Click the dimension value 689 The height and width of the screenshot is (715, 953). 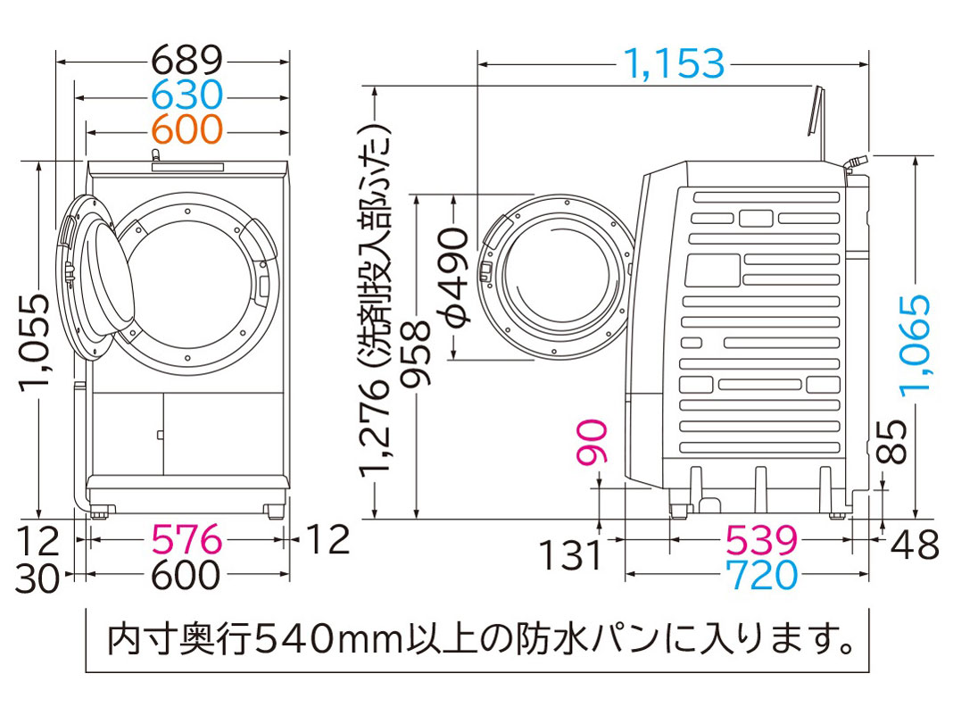pyautogui.click(x=186, y=60)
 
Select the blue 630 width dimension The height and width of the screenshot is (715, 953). pyautogui.click(x=186, y=95)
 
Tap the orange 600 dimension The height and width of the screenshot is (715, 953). pyautogui.click(x=186, y=130)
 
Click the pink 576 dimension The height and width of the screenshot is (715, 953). pyautogui.click(x=186, y=540)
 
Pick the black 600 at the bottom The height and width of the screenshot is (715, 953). pyautogui.click(x=186, y=575)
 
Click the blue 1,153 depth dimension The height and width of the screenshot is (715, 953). pyautogui.click(x=672, y=63)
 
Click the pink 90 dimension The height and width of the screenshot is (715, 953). pyautogui.click(x=596, y=442)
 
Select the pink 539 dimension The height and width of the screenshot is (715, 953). pyautogui.click(x=761, y=540)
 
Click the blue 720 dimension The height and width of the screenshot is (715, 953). pyautogui.click(x=761, y=576)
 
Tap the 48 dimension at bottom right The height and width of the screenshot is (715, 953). pyautogui.click(x=916, y=544)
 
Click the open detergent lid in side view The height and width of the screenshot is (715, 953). pyautogui.click(x=815, y=111)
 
